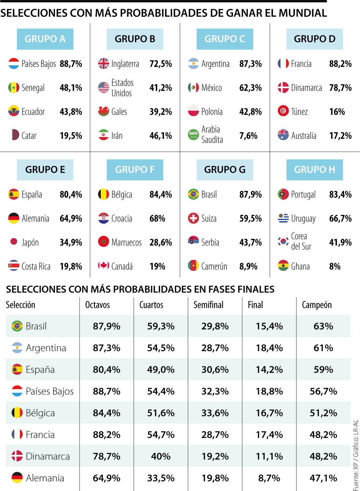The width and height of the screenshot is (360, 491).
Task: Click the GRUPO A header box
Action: pyautogui.click(x=45, y=39)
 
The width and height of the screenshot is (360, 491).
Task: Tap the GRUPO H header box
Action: pyautogui.click(x=314, y=170)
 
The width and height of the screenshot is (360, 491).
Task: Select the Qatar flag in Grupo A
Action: pyautogui.click(x=14, y=135)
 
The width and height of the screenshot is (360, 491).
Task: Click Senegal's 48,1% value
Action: pyautogui.click(x=71, y=88)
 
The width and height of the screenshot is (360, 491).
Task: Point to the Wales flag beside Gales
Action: pyautogui.click(x=103, y=112)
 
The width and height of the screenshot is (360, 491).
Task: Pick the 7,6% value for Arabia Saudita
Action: pyautogui.click(x=248, y=136)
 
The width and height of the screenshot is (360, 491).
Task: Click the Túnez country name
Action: pyautogui.click(x=299, y=112)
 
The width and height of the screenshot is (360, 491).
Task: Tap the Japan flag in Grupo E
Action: pyautogui.click(x=14, y=242)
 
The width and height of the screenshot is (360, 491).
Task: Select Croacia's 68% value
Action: pyautogui.click(x=157, y=219)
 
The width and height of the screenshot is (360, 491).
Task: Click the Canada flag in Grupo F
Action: pyautogui.click(x=103, y=266)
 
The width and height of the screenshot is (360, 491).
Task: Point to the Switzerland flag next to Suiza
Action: pyautogui.click(x=193, y=218)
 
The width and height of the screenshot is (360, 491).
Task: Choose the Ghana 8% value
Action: pyautogui.click(x=335, y=266)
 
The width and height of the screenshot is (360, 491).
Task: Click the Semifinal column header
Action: pyautogui.click(x=208, y=305)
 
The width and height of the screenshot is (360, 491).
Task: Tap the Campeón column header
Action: pyautogui.click(x=317, y=305)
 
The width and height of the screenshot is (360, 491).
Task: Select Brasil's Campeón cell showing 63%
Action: pyautogui.click(x=323, y=326)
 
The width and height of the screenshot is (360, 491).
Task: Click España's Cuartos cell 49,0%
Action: pyautogui.click(x=161, y=370)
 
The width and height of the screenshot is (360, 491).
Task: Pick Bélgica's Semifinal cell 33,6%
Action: pyautogui.click(x=215, y=413)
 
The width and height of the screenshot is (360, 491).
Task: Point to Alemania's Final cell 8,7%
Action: pyautogui.click(x=269, y=478)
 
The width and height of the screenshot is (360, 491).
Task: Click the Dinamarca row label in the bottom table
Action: pyautogui.click(x=48, y=456)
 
